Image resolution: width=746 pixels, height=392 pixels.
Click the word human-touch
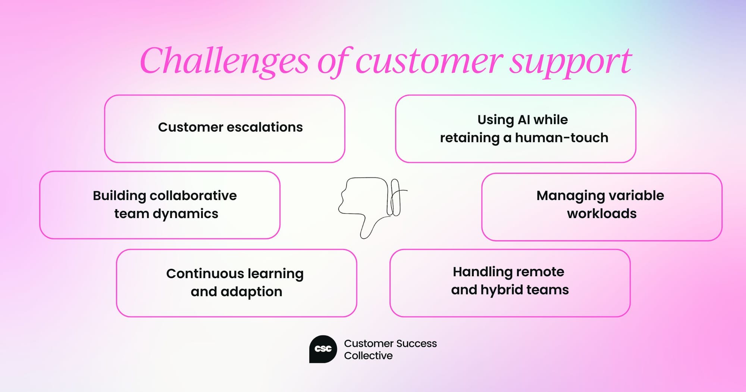point(561,138)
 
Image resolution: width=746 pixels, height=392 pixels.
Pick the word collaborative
point(193,196)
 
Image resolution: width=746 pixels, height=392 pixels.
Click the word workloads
point(602,214)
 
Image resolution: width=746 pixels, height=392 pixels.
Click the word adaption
point(251,292)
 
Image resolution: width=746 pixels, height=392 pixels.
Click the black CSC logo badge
point(323,349)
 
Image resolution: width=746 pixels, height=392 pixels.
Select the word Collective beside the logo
point(368,356)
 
